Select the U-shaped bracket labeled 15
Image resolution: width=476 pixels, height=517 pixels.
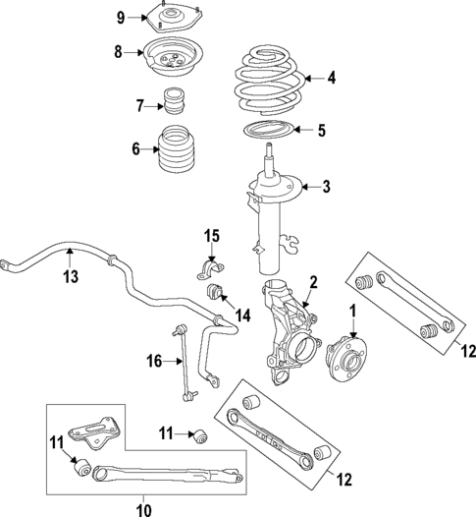208,271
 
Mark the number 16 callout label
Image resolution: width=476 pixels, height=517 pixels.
153,362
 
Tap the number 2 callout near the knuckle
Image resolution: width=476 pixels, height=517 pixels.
312,282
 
